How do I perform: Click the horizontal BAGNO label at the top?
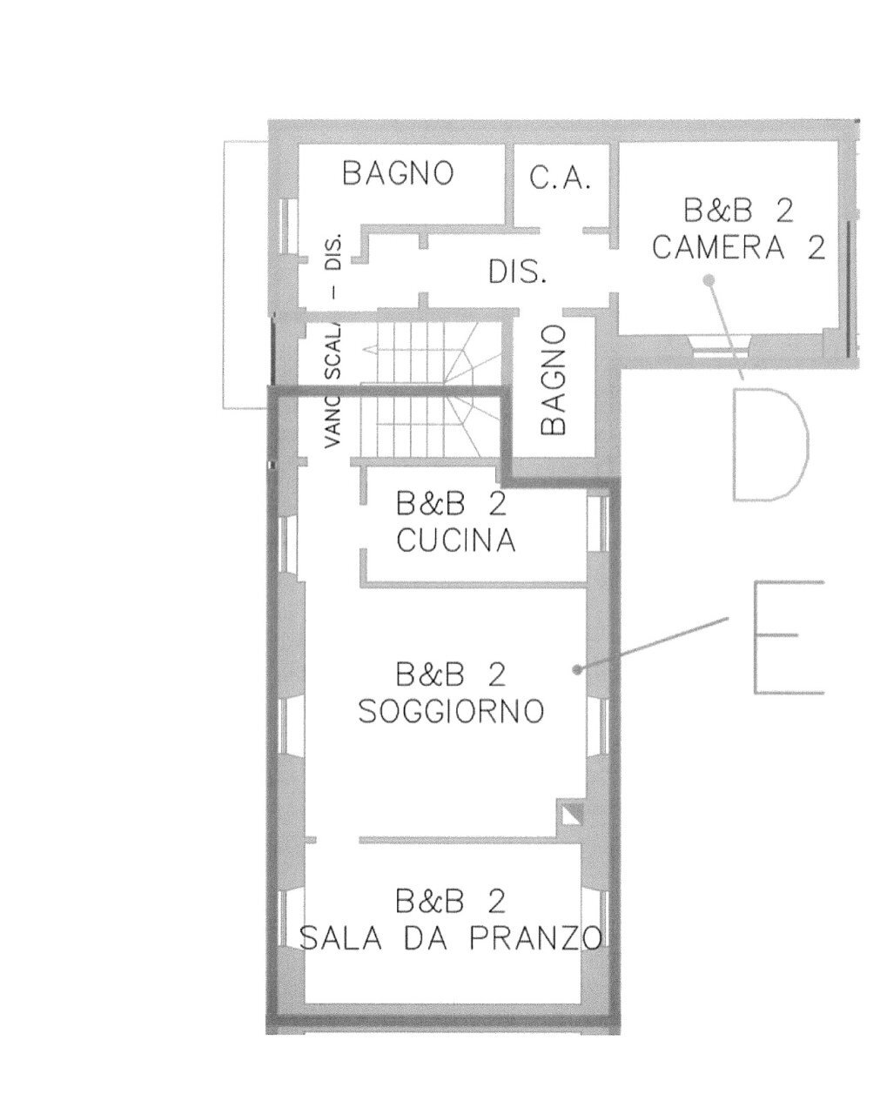point(398,173)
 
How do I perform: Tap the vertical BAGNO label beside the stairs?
point(553,380)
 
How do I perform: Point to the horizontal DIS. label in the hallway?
point(517,272)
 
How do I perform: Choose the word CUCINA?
point(455,541)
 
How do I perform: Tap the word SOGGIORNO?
point(451,712)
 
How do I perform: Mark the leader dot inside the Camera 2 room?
point(710,279)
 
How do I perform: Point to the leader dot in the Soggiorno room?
point(577,669)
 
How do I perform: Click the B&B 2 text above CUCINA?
point(450,505)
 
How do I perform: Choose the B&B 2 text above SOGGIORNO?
point(450,675)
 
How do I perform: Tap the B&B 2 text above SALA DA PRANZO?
point(450,901)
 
